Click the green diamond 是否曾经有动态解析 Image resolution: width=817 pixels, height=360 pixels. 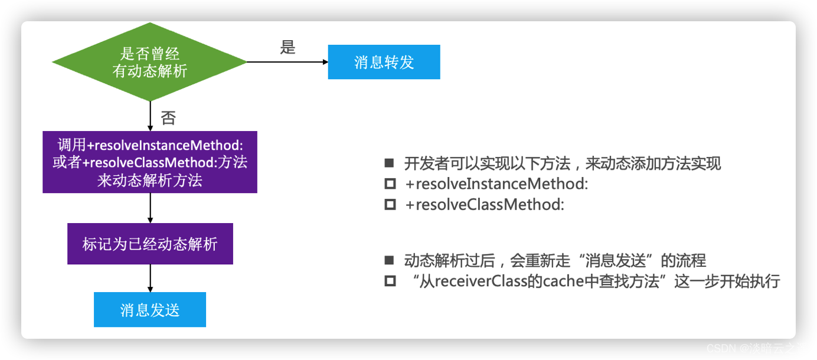click(149, 62)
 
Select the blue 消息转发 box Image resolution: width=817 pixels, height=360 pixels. click(384, 62)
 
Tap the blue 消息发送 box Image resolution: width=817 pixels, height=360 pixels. click(150, 310)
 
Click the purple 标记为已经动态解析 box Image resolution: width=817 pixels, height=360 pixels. click(150, 244)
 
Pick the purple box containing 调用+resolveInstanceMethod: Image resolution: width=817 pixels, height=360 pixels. click(150, 162)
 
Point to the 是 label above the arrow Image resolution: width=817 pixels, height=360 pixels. click(287, 48)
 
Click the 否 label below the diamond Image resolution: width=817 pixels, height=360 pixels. click(168, 118)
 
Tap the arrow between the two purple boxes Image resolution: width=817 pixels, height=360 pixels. click(151, 208)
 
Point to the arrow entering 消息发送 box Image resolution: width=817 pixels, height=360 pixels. click(151, 278)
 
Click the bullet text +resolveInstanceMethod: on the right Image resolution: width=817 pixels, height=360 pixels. click(496, 184)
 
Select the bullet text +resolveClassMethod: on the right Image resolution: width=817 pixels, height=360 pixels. click(485, 205)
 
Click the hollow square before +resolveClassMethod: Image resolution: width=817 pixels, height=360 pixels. click(390, 205)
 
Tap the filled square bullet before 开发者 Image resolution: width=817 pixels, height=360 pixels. click(389, 163)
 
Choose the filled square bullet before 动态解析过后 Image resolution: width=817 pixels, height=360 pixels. click(389, 260)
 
